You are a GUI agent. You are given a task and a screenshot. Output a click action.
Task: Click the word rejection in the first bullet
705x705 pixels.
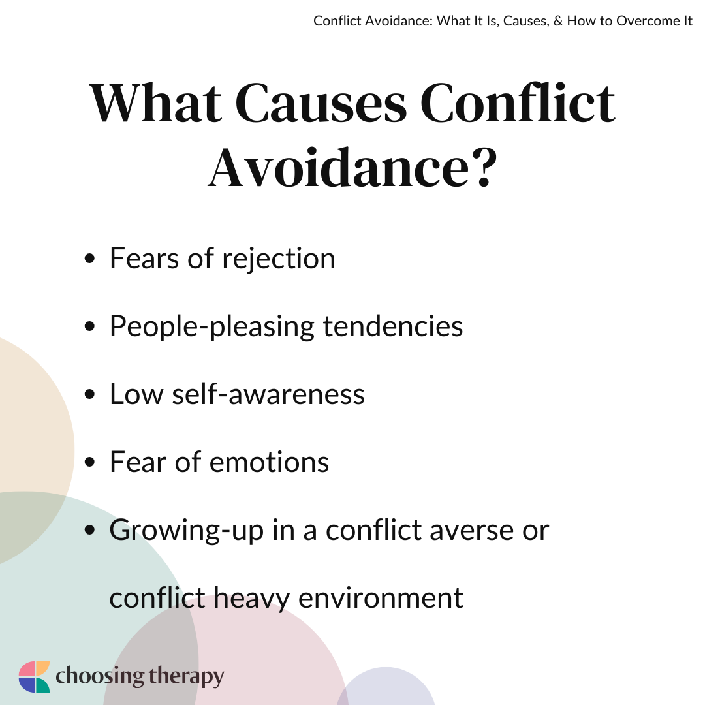pyautogui.click(x=279, y=259)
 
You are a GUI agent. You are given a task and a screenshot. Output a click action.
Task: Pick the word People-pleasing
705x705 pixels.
pyautogui.click(x=212, y=327)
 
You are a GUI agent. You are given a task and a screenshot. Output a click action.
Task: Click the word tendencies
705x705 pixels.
pyautogui.click(x=393, y=326)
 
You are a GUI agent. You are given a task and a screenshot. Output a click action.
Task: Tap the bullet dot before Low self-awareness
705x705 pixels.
pyautogui.click(x=90, y=394)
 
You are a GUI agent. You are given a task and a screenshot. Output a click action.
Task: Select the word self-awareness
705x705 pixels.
pyautogui.click(x=268, y=394)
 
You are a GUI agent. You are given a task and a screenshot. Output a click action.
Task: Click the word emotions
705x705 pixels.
pyautogui.click(x=270, y=463)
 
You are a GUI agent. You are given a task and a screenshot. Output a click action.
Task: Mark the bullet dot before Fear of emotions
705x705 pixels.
pyautogui.click(x=90, y=462)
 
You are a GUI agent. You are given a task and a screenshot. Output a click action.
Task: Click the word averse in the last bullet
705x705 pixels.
pyautogui.click(x=472, y=531)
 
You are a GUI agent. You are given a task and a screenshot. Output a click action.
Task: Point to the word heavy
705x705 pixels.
pyautogui.click(x=251, y=599)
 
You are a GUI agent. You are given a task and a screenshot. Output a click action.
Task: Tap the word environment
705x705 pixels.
pyautogui.click(x=381, y=599)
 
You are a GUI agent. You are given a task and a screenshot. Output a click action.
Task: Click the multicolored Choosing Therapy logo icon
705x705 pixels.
pyautogui.click(x=34, y=677)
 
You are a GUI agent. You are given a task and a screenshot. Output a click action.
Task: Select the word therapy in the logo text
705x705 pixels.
pyautogui.click(x=186, y=678)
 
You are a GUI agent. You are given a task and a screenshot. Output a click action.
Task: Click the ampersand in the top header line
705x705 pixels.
pyautogui.click(x=558, y=21)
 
